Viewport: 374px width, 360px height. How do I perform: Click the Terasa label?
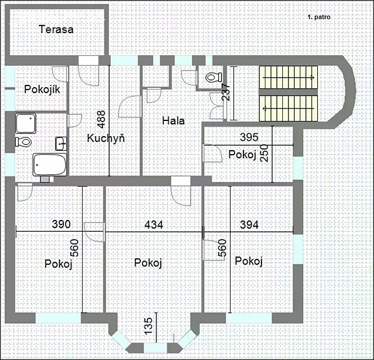coord(56,29)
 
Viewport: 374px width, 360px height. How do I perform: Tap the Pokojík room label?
coord(42,89)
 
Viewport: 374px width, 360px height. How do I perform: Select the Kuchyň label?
coord(106,138)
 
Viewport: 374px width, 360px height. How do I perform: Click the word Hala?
coord(173,120)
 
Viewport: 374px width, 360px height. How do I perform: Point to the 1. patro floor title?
coord(319,17)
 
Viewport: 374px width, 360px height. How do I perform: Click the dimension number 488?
coord(101,119)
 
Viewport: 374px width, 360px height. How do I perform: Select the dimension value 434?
coord(154,225)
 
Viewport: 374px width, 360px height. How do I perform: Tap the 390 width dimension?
coord(61,224)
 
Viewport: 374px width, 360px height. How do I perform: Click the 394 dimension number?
coord(249,225)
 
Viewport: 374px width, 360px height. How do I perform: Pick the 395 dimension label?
coord(249,137)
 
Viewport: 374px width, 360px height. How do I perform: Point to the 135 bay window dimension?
coord(148,326)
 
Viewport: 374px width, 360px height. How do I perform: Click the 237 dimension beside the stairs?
coord(226,92)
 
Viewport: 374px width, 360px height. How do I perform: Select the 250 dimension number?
coord(265,153)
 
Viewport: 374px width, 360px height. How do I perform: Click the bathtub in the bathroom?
coord(49,165)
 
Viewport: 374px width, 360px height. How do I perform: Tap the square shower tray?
coord(26,123)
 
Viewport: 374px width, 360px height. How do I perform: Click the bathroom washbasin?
coord(61,143)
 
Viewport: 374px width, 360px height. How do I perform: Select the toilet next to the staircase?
coord(214,78)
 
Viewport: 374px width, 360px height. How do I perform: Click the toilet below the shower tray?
coord(24,142)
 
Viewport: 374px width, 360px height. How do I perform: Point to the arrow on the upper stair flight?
coord(289,78)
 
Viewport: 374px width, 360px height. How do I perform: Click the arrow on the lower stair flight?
coord(289,109)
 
